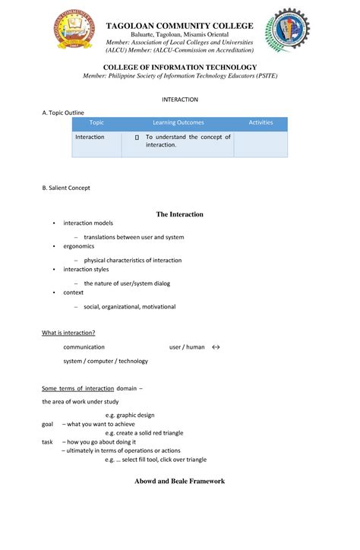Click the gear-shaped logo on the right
pos(287,31)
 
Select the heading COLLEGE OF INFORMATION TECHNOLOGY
pos(179,68)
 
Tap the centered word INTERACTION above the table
pos(180,100)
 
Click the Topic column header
pos(96,122)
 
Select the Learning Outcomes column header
pos(177,122)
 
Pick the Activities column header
pos(261,122)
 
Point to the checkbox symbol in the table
pos(136,138)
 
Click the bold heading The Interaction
pos(179,214)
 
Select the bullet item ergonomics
pos(78,246)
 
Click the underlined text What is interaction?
pos(68,332)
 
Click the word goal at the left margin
pos(47,424)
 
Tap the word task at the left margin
pos(47,441)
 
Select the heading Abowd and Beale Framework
pos(179,481)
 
